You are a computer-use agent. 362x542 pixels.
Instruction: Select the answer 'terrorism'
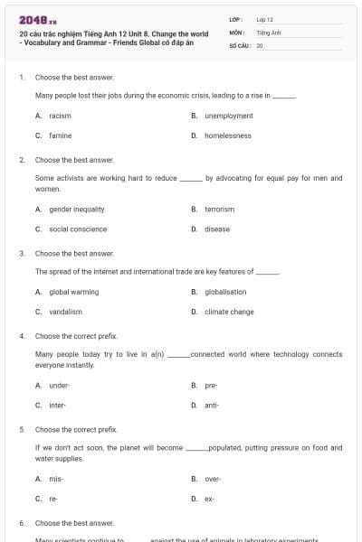(x=219, y=209)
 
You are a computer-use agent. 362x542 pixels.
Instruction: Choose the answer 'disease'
(x=217, y=229)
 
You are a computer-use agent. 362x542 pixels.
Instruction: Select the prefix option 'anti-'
(x=212, y=405)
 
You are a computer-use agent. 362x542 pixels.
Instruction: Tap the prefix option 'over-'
(x=213, y=478)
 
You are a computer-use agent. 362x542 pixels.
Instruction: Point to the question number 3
(x=22, y=254)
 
